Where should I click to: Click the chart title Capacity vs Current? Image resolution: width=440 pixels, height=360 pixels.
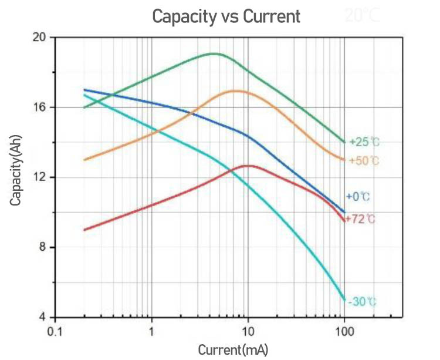pos(226,16)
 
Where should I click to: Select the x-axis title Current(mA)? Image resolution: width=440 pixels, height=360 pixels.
pos(233,351)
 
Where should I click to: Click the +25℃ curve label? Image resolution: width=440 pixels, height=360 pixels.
pos(364,142)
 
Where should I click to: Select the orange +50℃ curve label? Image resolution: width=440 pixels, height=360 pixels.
pos(364,160)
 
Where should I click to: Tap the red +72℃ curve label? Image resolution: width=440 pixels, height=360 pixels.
pos(360,219)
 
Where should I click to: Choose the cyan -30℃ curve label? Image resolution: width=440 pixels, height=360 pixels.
pos(361,302)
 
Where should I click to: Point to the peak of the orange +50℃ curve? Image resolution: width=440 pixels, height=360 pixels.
pos(236,90)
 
